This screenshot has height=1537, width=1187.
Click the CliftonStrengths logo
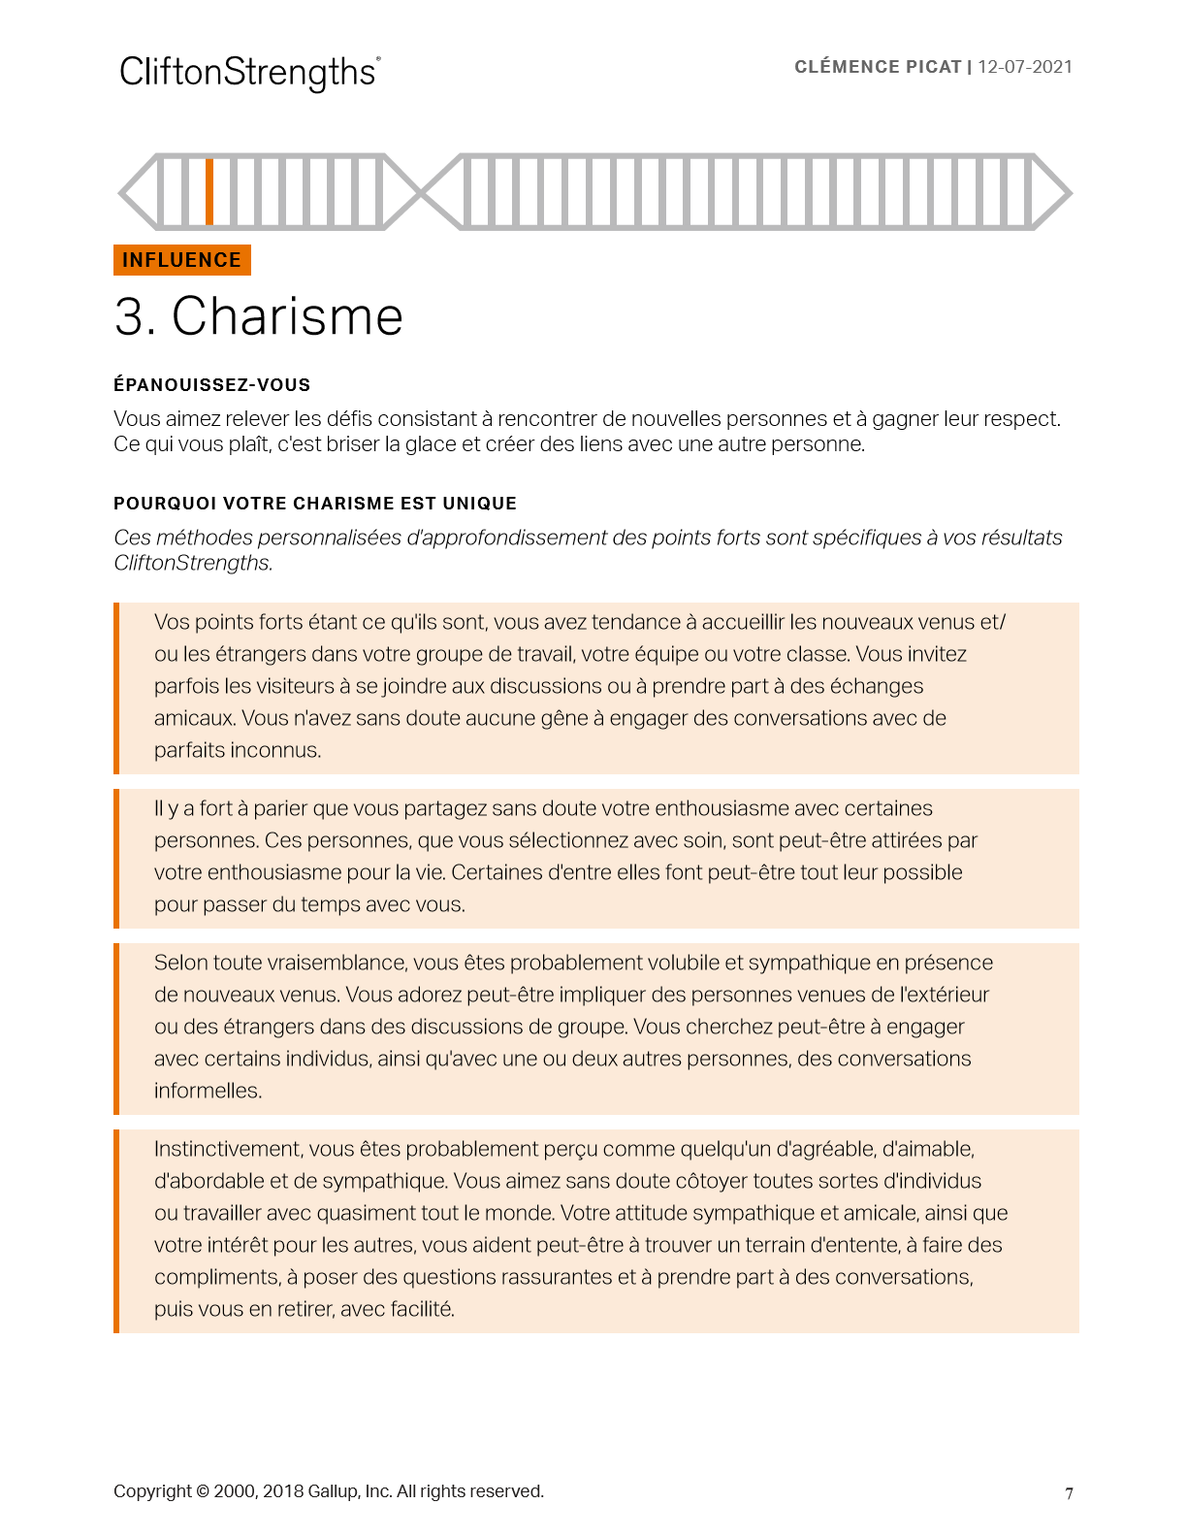[249, 73]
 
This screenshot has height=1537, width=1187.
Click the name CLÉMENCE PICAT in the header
[877, 67]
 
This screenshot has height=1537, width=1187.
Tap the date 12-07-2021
[1025, 67]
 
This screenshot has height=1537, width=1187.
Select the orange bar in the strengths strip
[209, 191]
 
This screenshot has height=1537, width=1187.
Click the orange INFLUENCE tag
[182, 260]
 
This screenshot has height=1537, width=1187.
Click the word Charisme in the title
[287, 317]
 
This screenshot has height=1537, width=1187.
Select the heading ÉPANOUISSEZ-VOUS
[211, 385]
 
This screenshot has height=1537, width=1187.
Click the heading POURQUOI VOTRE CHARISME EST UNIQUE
[315, 504]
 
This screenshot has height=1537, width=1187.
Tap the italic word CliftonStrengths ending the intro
[192, 563]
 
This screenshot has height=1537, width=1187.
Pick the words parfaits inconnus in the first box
[237, 750]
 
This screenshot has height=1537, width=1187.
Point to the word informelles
[208, 1091]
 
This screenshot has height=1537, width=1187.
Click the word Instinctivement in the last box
[228, 1149]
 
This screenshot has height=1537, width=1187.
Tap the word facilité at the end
[423, 1309]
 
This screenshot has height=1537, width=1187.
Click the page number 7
[1069, 1493]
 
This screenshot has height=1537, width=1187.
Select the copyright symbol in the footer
[203, 1491]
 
